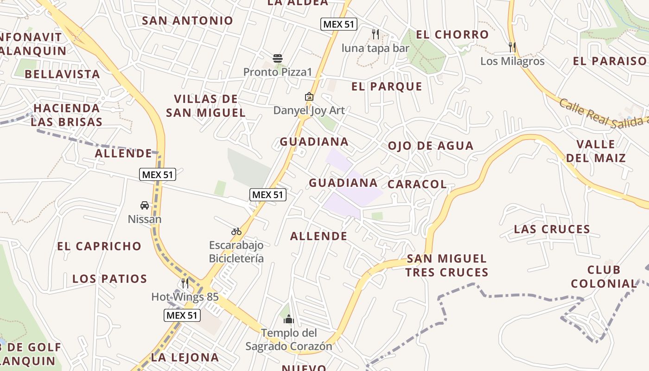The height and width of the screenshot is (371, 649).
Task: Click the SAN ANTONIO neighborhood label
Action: [187, 20]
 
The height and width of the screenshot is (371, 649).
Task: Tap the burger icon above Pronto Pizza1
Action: [278, 58]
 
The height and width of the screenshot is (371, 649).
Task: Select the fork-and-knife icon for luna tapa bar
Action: [375, 34]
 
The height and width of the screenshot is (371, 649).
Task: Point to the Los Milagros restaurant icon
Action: [512, 47]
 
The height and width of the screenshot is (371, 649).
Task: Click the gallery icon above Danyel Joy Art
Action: [309, 96]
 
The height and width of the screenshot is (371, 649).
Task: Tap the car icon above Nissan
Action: [145, 205]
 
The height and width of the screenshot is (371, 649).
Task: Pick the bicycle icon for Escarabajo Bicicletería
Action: [236, 231]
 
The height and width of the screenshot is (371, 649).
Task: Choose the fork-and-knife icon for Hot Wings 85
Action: [185, 283]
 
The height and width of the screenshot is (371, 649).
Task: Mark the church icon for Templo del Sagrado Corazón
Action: [289, 319]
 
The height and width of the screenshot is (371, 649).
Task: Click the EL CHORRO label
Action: [452, 34]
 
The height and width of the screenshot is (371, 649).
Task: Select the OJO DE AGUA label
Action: [431, 146]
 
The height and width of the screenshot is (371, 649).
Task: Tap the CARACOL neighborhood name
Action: [417, 184]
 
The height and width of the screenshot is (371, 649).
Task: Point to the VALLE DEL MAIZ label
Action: [596, 151]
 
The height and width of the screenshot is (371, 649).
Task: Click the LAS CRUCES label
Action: [552, 229]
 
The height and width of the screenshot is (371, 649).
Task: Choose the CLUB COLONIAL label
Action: [604, 276]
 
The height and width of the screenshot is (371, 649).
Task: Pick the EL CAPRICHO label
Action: [99, 246]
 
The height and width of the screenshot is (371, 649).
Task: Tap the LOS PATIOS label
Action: [110, 279]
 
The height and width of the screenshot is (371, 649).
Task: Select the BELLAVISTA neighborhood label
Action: [62, 74]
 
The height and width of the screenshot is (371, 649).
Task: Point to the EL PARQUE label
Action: [387, 86]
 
